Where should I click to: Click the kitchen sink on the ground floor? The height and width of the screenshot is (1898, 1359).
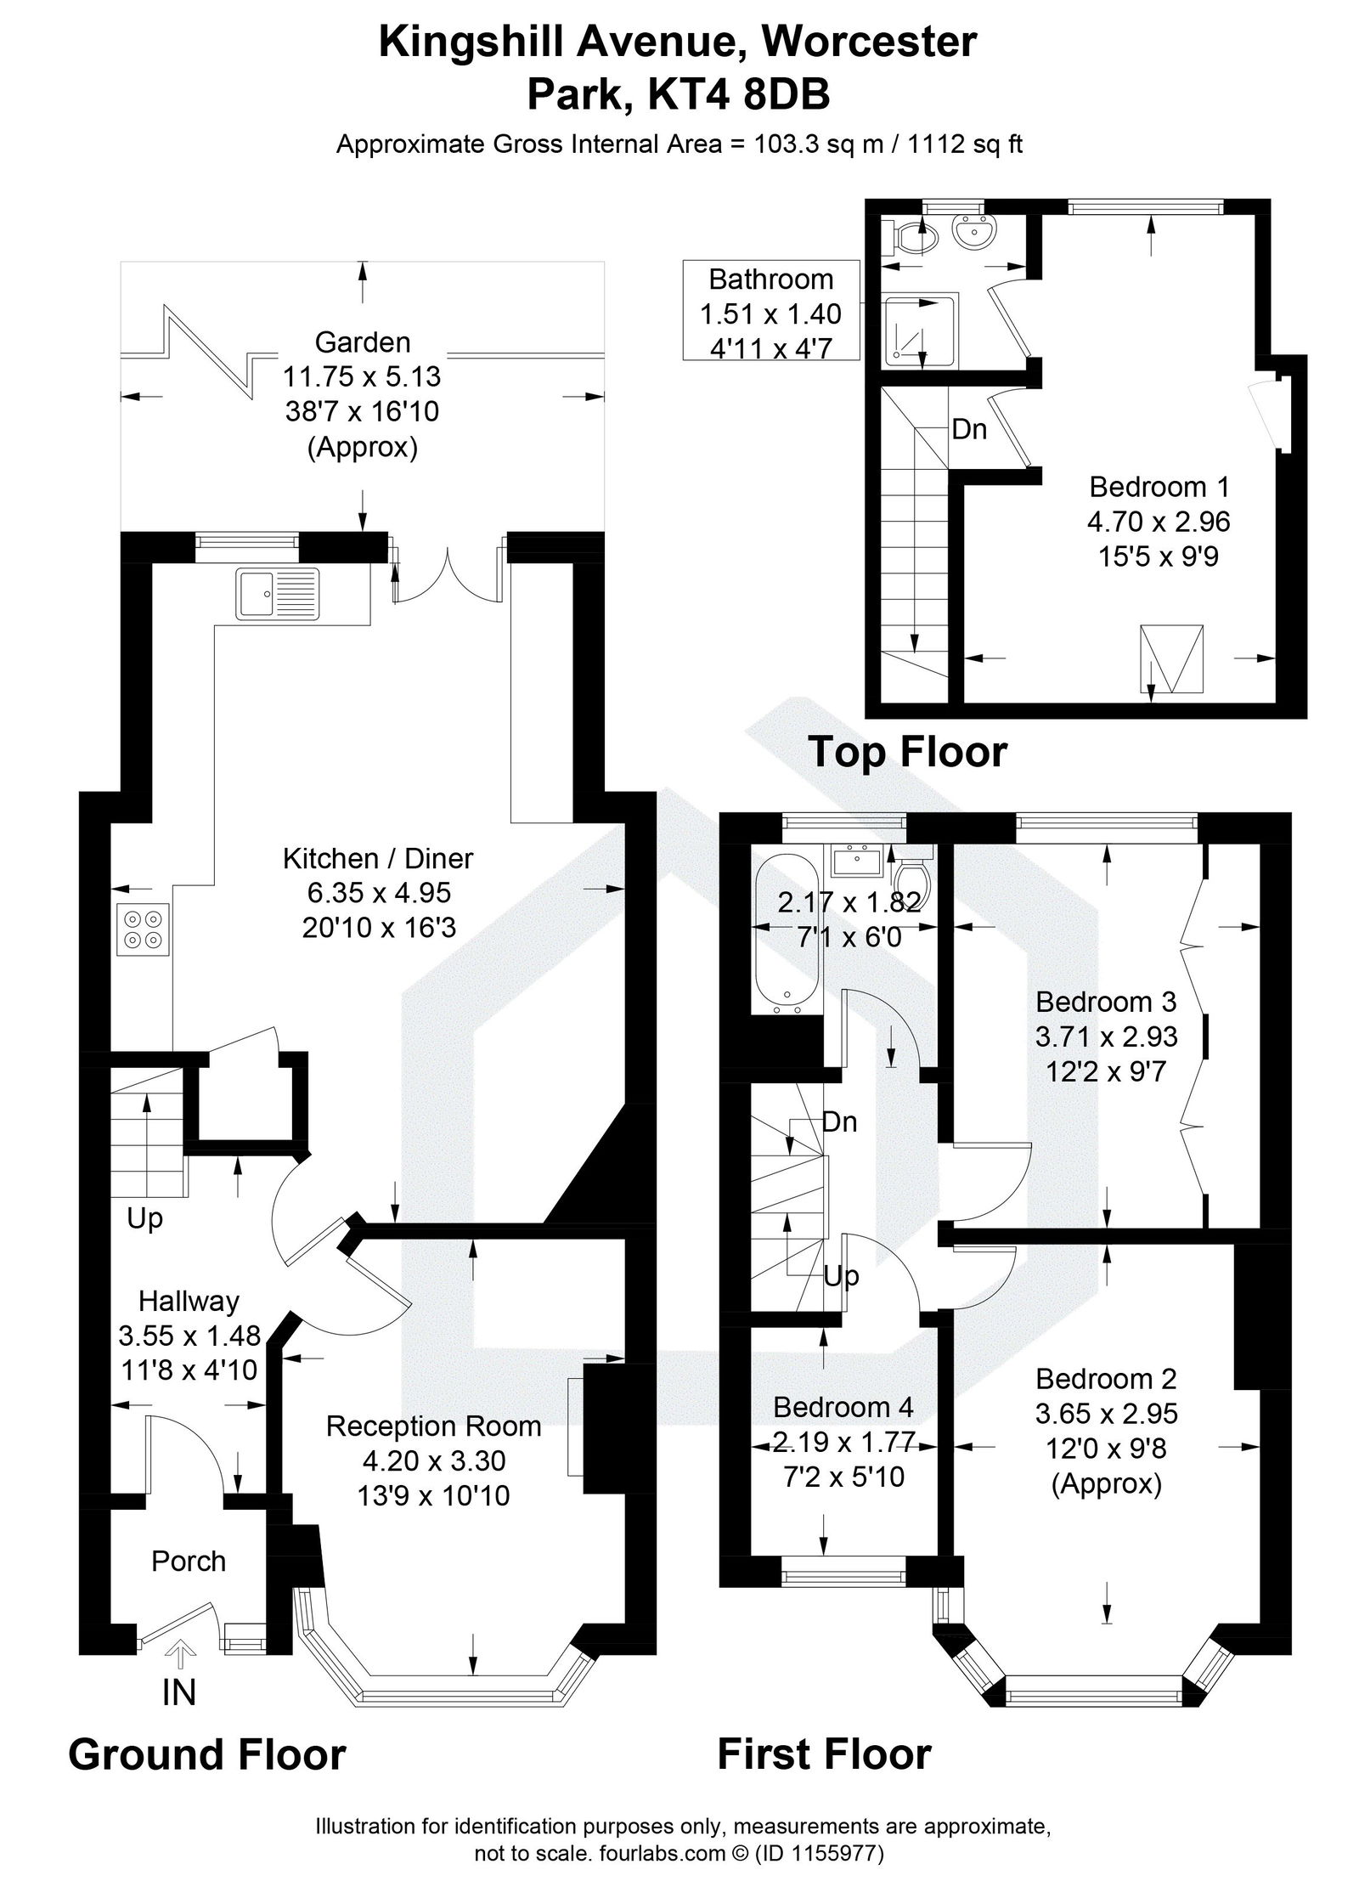tap(278, 591)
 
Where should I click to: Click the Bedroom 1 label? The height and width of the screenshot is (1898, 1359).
tap(1159, 487)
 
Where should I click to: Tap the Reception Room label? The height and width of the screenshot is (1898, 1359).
tap(433, 1426)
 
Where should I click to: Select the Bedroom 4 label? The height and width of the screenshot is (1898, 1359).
tap(843, 1407)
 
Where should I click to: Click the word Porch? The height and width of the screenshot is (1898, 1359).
tap(189, 1561)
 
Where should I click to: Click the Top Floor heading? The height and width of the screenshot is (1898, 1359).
tap(907, 753)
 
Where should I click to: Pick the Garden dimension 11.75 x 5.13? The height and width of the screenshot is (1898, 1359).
tap(363, 376)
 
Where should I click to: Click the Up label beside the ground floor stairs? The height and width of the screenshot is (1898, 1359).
tap(144, 1219)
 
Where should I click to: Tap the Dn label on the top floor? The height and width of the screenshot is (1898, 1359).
tap(969, 430)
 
